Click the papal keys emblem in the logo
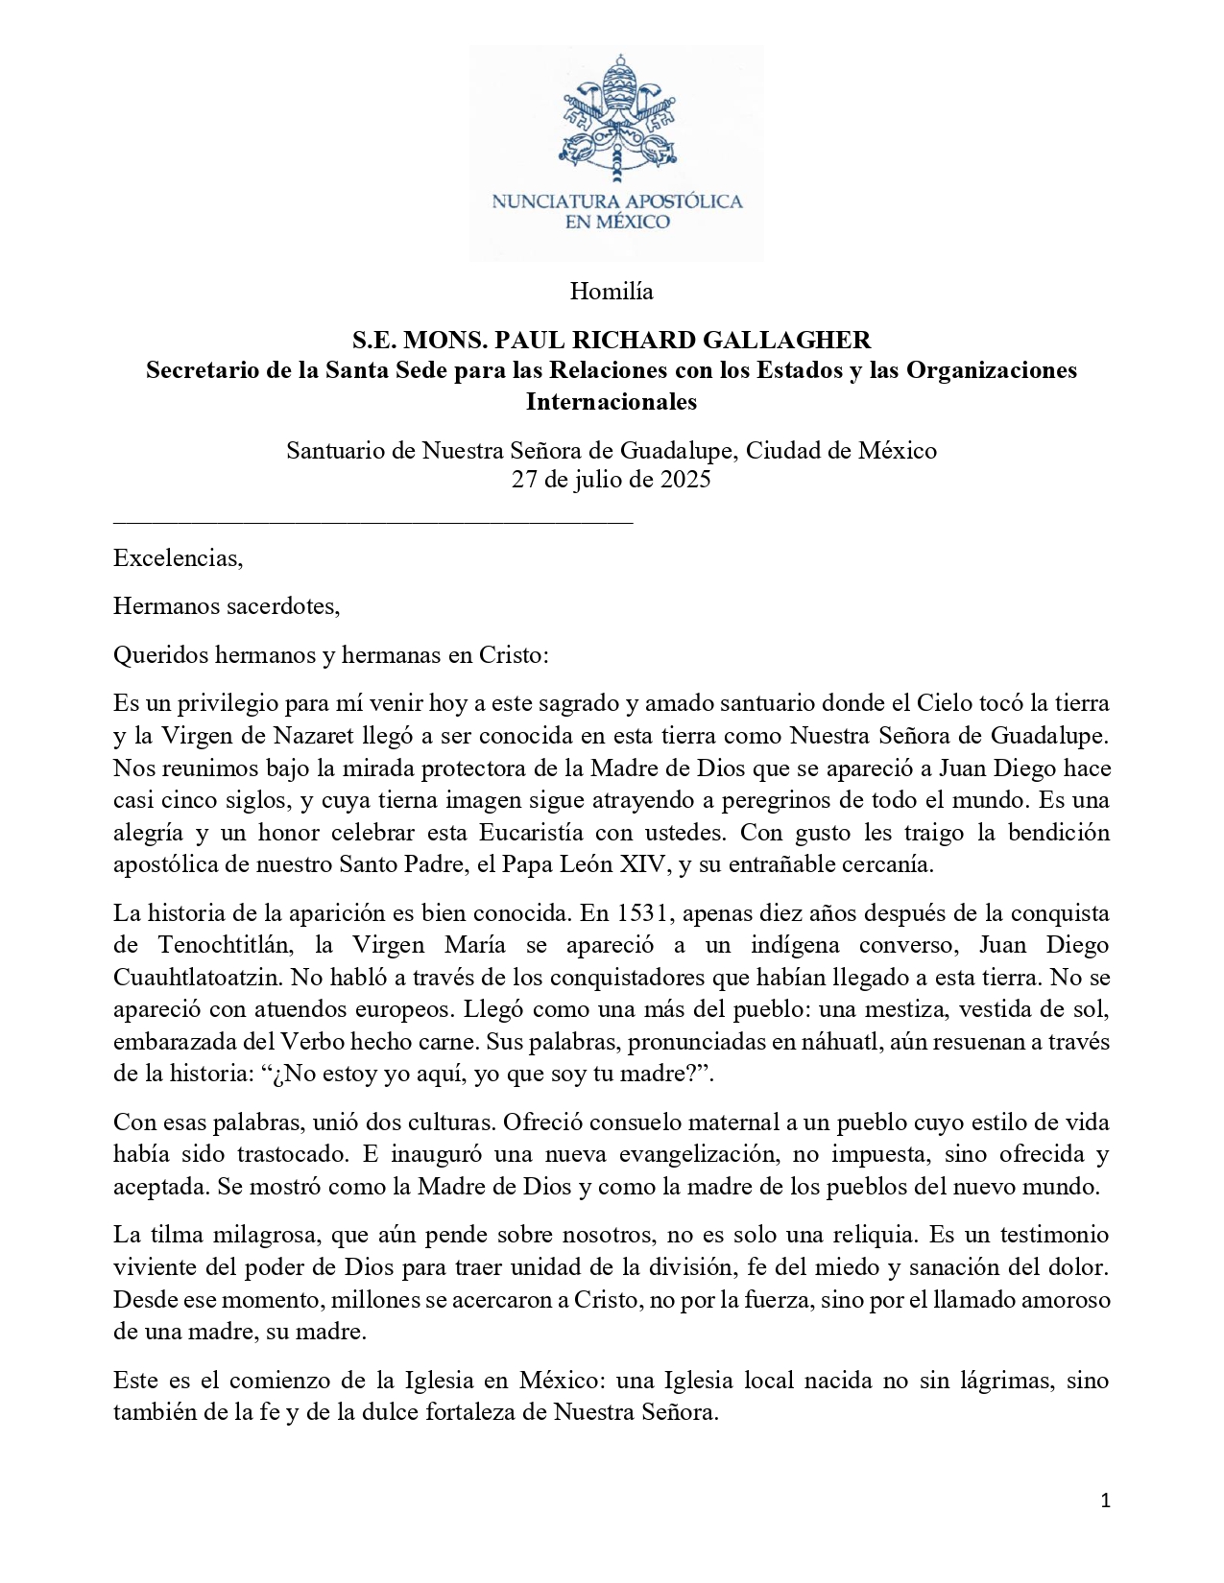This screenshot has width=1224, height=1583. click(616, 120)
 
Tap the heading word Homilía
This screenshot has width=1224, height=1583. click(612, 291)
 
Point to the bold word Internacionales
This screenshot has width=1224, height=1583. click(612, 401)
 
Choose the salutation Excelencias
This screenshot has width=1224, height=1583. click(178, 557)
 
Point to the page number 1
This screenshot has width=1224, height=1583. click(1105, 1501)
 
